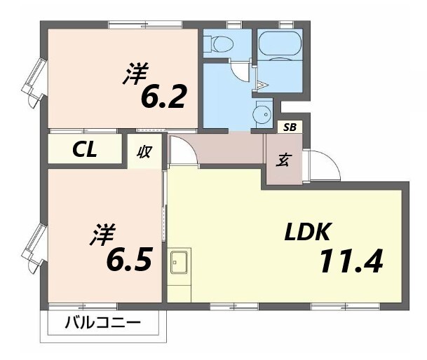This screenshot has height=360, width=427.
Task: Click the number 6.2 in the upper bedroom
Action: tap(163, 98)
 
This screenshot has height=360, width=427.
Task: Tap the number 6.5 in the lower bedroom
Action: tap(129, 260)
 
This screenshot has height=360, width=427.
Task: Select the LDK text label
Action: tap(311, 233)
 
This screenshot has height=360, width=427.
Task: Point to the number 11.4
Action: tap(351, 263)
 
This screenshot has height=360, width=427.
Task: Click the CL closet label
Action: tap(86, 150)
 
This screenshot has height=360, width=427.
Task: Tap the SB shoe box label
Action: tap(289, 127)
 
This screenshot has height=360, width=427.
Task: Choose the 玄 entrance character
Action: tap(283, 160)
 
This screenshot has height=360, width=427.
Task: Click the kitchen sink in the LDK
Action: tap(177, 264)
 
